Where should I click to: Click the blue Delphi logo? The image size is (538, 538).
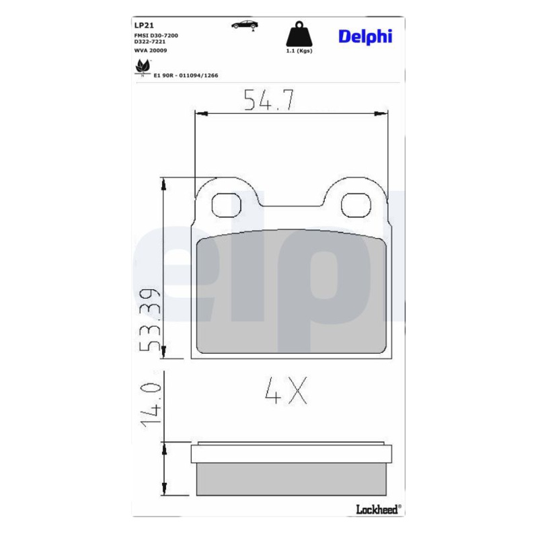[365, 37]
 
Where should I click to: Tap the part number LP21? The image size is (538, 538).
[144, 26]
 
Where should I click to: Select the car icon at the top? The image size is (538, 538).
[245, 25]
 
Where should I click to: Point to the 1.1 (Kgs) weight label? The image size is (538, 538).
[299, 51]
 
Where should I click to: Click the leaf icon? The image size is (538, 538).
[143, 67]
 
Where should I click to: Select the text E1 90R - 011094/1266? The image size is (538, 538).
[186, 75]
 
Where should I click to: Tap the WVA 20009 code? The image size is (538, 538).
[151, 50]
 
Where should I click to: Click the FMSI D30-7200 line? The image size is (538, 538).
[156, 36]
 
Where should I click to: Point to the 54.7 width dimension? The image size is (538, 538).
[268, 100]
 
